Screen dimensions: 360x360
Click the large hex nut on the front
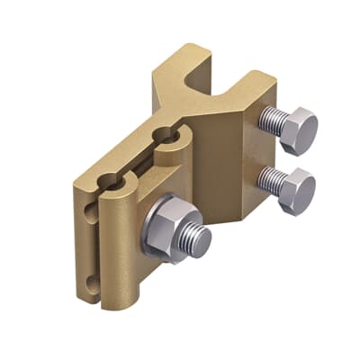tap(167, 225)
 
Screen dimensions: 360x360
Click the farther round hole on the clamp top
tap(169, 137)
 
